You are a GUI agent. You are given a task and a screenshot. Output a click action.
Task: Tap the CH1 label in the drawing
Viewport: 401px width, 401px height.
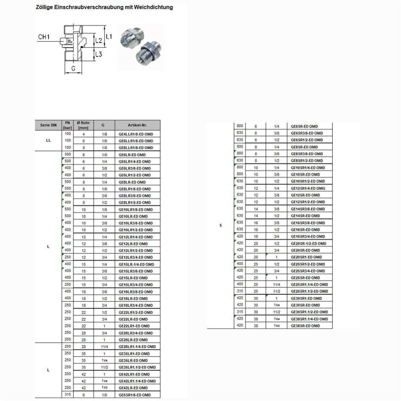click(x=46, y=37)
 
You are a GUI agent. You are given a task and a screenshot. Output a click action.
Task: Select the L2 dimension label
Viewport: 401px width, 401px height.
click(x=99, y=40)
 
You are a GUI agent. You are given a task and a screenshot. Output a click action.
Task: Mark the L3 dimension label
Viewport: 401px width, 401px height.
click(x=99, y=54)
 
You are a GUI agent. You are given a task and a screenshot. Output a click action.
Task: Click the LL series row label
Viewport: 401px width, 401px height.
click(x=48, y=141)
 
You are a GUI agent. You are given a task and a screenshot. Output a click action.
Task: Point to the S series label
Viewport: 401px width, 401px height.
click(x=221, y=226)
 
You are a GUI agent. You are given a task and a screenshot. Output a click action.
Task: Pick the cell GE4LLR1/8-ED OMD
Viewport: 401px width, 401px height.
click(x=135, y=134)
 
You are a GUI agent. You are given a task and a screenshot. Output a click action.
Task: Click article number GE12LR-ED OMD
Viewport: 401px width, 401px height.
click(x=133, y=244)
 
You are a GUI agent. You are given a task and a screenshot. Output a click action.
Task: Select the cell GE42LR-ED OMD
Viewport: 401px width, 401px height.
click(x=133, y=388)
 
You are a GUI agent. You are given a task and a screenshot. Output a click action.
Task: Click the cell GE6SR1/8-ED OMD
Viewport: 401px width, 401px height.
click(x=135, y=395)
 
